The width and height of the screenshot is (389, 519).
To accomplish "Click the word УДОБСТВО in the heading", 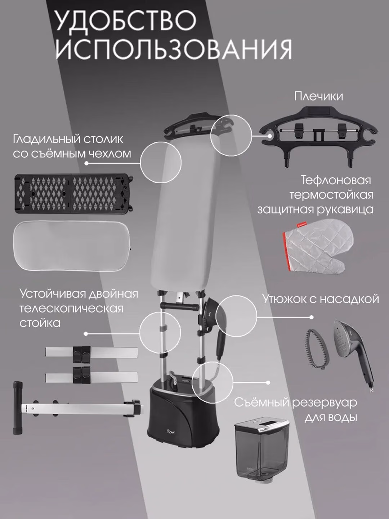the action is coord(126,21).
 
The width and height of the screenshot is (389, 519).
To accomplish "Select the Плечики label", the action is coord(318,97).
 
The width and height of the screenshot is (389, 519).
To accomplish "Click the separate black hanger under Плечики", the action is coord(318,135).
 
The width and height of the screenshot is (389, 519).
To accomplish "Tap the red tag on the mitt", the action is coord(301,225).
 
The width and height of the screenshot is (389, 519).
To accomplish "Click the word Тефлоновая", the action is coord(336,181).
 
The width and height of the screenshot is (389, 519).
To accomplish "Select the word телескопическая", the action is coord(72,309).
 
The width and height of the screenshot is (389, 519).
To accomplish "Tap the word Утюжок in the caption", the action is coord(283,300).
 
